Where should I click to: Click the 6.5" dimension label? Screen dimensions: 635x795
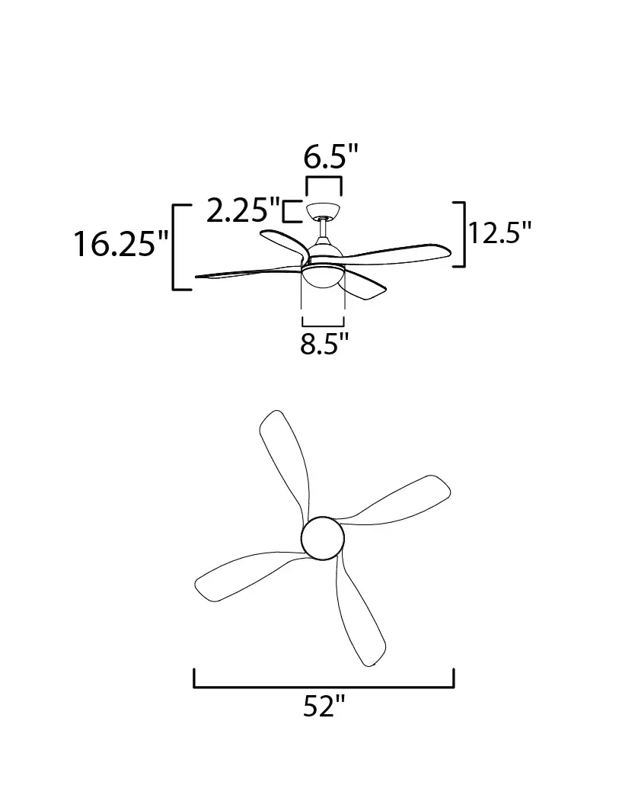pyautogui.click(x=331, y=157)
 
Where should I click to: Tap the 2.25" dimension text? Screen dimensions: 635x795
pyautogui.click(x=243, y=210)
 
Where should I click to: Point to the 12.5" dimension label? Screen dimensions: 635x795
pyautogui.click(x=499, y=233)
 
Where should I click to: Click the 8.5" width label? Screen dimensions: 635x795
pyautogui.click(x=324, y=344)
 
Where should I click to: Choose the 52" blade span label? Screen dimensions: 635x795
pyautogui.click(x=324, y=706)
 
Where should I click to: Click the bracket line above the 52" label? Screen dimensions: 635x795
pyautogui.click(x=324, y=687)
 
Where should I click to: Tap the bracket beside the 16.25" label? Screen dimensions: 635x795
pyautogui.click(x=174, y=247)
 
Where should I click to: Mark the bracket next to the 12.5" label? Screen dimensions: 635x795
pyautogui.click(x=464, y=234)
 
